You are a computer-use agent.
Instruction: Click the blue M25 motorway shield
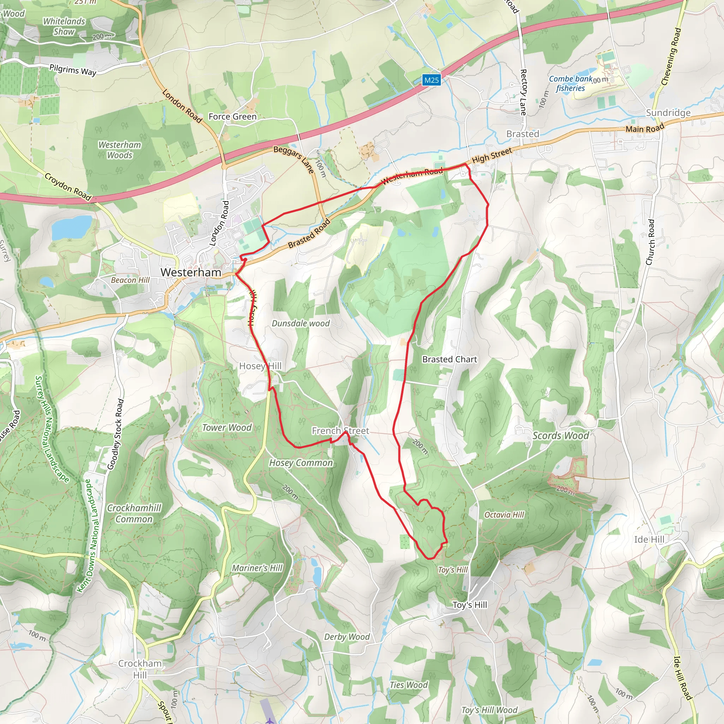[431, 80]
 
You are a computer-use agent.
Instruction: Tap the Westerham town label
[191, 273]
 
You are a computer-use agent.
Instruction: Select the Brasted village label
[522, 134]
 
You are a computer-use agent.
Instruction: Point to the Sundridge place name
[668, 113]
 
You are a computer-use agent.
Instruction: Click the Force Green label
[232, 117]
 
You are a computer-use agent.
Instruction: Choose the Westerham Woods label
[119, 150]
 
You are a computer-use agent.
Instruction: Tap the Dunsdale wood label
[300, 323]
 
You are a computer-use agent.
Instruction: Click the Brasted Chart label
[449, 360]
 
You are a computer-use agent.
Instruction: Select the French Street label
[340, 431]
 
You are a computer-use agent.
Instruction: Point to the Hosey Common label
[301, 463]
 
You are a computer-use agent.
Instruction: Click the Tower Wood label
[227, 428]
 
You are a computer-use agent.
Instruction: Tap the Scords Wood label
[561, 436]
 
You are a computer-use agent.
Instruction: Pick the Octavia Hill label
[504, 514]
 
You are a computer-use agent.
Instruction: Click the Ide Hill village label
[649, 539]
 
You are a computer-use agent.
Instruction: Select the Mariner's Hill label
[257, 568]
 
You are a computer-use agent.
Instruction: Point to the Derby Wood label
[347, 637]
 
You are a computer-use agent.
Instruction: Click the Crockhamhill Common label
[134, 513]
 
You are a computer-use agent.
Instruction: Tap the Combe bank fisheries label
[570, 83]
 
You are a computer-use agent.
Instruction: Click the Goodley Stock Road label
[115, 434]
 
